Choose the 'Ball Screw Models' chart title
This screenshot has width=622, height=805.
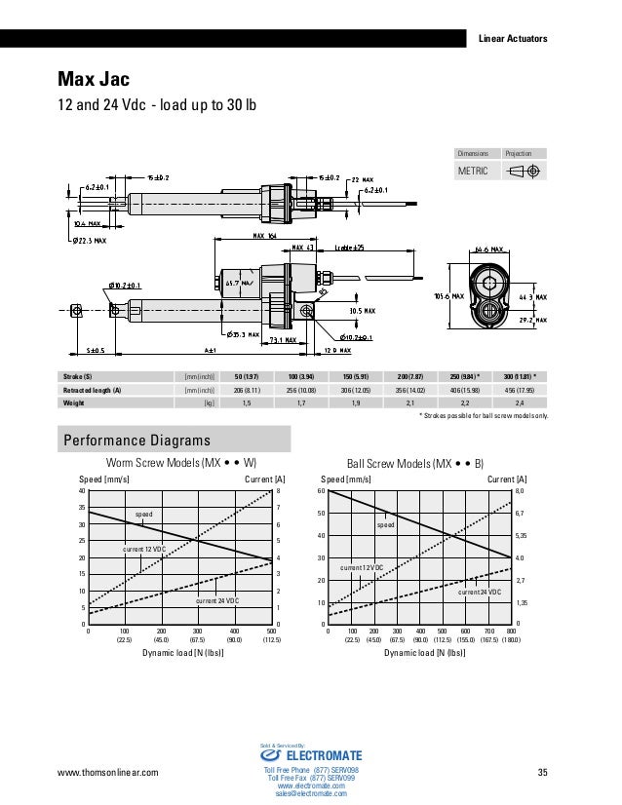pos(416,462)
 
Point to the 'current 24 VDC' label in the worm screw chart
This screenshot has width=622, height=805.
pos(219,601)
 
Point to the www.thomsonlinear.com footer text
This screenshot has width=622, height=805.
pos(108,774)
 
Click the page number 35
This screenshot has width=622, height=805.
pos(543,774)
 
